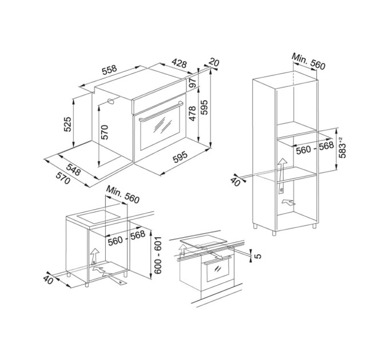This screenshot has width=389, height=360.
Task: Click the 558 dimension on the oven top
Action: (x=109, y=70)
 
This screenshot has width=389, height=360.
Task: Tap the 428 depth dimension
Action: (x=179, y=63)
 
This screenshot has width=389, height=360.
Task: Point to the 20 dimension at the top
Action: (x=214, y=62)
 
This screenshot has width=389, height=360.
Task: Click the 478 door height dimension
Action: (x=193, y=114)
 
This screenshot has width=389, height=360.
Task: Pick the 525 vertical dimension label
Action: (x=68, y=124)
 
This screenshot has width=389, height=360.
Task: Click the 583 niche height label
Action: (x=342, y=147)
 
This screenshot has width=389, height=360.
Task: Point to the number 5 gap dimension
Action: (x=258, y=255)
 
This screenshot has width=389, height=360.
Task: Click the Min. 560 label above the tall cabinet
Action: (x=308, y=61)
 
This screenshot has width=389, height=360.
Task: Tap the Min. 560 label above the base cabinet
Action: (x=123, y=195)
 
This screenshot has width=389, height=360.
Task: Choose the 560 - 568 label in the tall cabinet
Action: (x=315, y=147)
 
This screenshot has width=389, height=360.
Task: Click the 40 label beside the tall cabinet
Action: (x=236, y=182)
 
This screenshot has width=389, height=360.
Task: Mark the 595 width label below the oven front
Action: (x=180, y=157)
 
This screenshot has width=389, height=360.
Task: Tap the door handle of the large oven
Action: (x=161, y=111)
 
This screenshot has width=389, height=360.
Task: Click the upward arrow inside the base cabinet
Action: (x=95, y=256)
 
